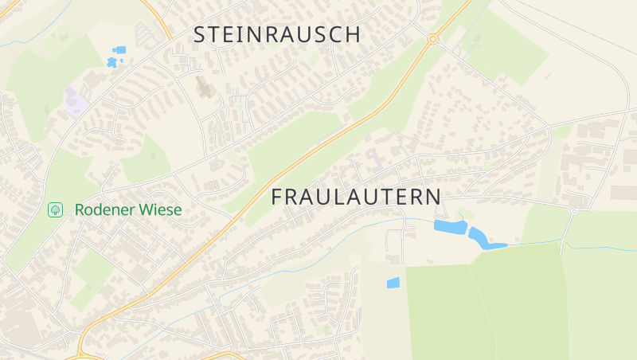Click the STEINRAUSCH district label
pos(277,34)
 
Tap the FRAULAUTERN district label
pos(356,197)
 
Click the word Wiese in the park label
pos(162,210)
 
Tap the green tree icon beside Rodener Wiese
pos(55,210)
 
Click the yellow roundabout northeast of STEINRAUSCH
pos(433,38)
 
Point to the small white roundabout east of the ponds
pos(573,211)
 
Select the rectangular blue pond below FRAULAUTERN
pos(450,227)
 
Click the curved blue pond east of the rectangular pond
pos(483,239)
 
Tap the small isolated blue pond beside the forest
pos(393,283)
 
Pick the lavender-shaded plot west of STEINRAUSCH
pos(76,102)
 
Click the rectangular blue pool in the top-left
pos(120,50)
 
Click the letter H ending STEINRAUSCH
pos(353,34)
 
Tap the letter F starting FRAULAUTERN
pos(278,197)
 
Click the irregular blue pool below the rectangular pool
pos(111,62)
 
